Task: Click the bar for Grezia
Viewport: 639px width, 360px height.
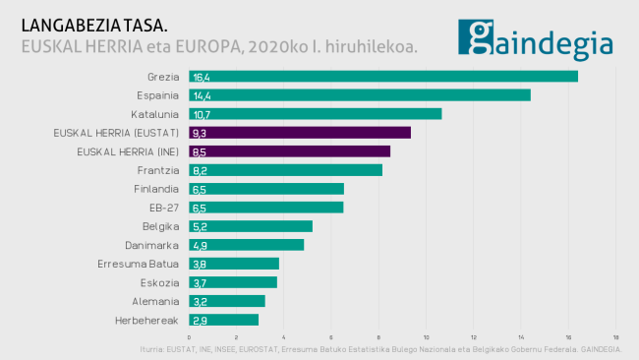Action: pos(383,77)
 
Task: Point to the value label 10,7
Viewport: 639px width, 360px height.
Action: pos(202,114)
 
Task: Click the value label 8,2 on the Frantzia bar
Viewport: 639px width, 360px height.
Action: pos(200,170)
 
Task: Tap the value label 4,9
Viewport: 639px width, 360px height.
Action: pos(200,245)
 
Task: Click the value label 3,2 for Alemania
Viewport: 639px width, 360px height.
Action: pos(200,301)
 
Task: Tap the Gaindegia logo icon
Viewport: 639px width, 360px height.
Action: pos(477,38)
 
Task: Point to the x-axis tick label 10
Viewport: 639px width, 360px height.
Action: pos(426,337)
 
